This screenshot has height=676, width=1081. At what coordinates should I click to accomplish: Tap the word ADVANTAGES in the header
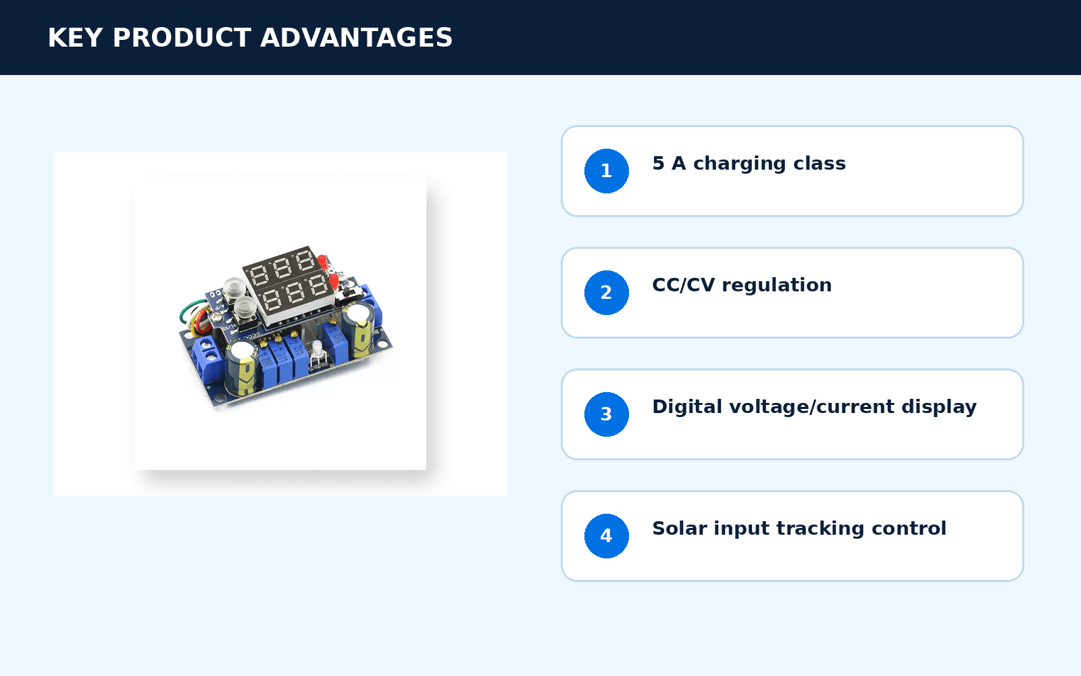356,38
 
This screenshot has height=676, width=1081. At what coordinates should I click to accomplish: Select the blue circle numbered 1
606,171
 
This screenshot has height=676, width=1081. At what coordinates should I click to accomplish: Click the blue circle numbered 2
606,293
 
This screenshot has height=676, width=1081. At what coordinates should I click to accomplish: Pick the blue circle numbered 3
606,414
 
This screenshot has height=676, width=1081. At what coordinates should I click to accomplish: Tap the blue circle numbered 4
606,536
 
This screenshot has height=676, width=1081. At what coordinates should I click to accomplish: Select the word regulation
776,286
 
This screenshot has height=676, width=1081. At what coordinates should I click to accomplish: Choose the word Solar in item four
679,528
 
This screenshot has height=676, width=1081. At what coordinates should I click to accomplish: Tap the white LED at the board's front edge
317,349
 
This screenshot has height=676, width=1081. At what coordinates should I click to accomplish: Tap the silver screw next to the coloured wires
217,317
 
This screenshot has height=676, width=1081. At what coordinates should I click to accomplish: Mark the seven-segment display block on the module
287,284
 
